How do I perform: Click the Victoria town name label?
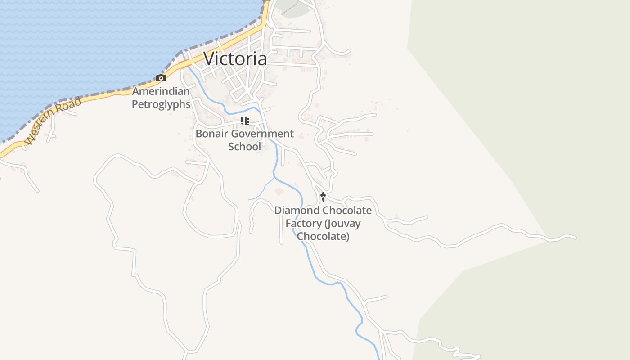click(235, 58)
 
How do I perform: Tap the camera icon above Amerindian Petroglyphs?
click(161, 78)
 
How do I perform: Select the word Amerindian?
click(161, 92)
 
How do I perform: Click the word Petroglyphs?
click(161, 104)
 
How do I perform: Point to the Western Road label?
click(53, 121)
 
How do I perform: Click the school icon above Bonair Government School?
click(244, 120)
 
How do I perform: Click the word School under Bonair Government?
click(244, 146)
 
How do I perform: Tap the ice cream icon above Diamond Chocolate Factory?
click(323, 197)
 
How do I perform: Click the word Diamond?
click(294, 211)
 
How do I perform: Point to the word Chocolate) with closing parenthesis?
click(323, 236)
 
